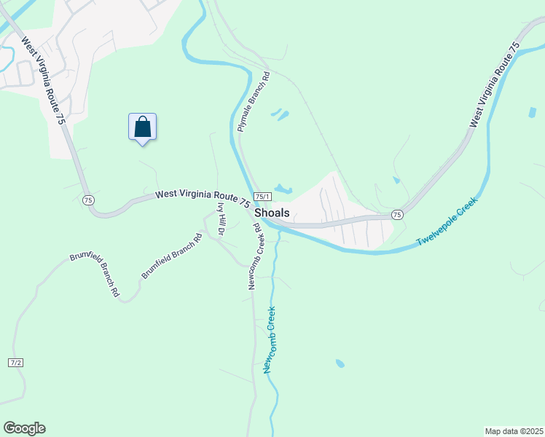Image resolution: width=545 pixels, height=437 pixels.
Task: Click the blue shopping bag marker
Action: point(143,127)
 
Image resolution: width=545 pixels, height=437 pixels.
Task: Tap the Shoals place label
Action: point(272,213)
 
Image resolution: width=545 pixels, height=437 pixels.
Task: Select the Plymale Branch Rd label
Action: point(254,101)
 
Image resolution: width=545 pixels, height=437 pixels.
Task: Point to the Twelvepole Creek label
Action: point(447,221)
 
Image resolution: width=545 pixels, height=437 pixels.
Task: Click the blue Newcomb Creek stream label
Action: point(269,340)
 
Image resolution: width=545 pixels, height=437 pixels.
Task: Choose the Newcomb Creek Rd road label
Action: point(254,257)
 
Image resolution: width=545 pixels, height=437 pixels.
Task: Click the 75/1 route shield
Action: point(262,197)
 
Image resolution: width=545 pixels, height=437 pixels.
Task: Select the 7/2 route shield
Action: point(16,363)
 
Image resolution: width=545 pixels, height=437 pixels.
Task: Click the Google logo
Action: point(24,428)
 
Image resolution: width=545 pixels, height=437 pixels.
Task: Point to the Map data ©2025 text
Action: point(514,430)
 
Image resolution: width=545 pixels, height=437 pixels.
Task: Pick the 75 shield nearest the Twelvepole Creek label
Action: point(397,214)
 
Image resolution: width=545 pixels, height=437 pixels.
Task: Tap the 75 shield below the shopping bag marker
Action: point(88,200)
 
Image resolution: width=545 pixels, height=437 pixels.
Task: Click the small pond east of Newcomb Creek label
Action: point(340,363)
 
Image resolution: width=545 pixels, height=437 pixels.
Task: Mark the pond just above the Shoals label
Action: point(283,190)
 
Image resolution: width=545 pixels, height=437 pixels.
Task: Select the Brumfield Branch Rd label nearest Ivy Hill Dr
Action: point(172,255)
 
